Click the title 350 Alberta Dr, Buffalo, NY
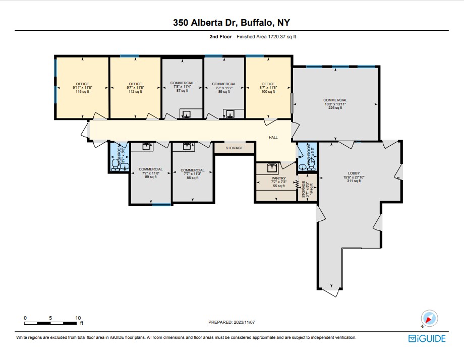coord(231,22)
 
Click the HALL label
coord(273,137)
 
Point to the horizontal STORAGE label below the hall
coord(234,148)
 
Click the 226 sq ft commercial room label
coord(335,104)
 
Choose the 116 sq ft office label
coord(82,88)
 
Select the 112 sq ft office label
coord(135,88)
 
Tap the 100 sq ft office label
coord(268,88)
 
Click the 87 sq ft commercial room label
coord(182,87)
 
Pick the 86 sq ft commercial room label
coord(192,174)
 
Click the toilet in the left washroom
coord(115,164)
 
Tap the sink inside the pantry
coord(272,166)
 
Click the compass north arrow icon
coord(430,318)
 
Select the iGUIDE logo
coord(427,338)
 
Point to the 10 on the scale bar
coord(78,318)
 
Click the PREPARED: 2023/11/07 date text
coord(232,322)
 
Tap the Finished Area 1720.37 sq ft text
coord(266,37)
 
